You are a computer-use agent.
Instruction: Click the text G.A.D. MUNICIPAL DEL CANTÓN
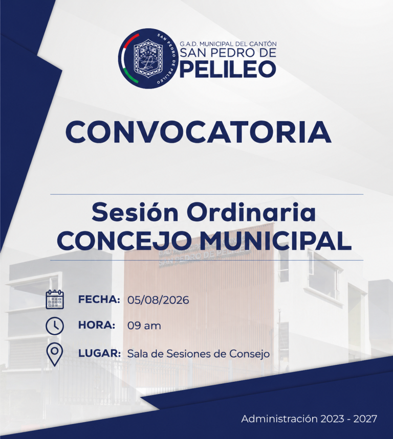(228, 43)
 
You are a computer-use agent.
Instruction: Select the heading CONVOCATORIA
(199, 132)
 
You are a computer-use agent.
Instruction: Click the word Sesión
(135, 213)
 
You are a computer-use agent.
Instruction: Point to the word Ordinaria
(251, 213)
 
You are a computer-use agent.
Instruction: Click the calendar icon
(55, 299)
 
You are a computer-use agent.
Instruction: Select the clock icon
(55, 326)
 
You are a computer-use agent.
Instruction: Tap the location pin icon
(55, 354)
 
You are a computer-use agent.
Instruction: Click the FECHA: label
(99, 299)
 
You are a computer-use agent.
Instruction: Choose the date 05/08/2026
(158, 300)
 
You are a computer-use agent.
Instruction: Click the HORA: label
(97, 326)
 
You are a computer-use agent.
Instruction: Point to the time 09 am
(144, 326)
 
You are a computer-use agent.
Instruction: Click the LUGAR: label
(99, 353)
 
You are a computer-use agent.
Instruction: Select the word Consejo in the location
(250, 354)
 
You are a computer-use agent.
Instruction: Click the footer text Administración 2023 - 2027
(309, 419)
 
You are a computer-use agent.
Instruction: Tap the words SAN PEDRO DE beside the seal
(228, 53)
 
